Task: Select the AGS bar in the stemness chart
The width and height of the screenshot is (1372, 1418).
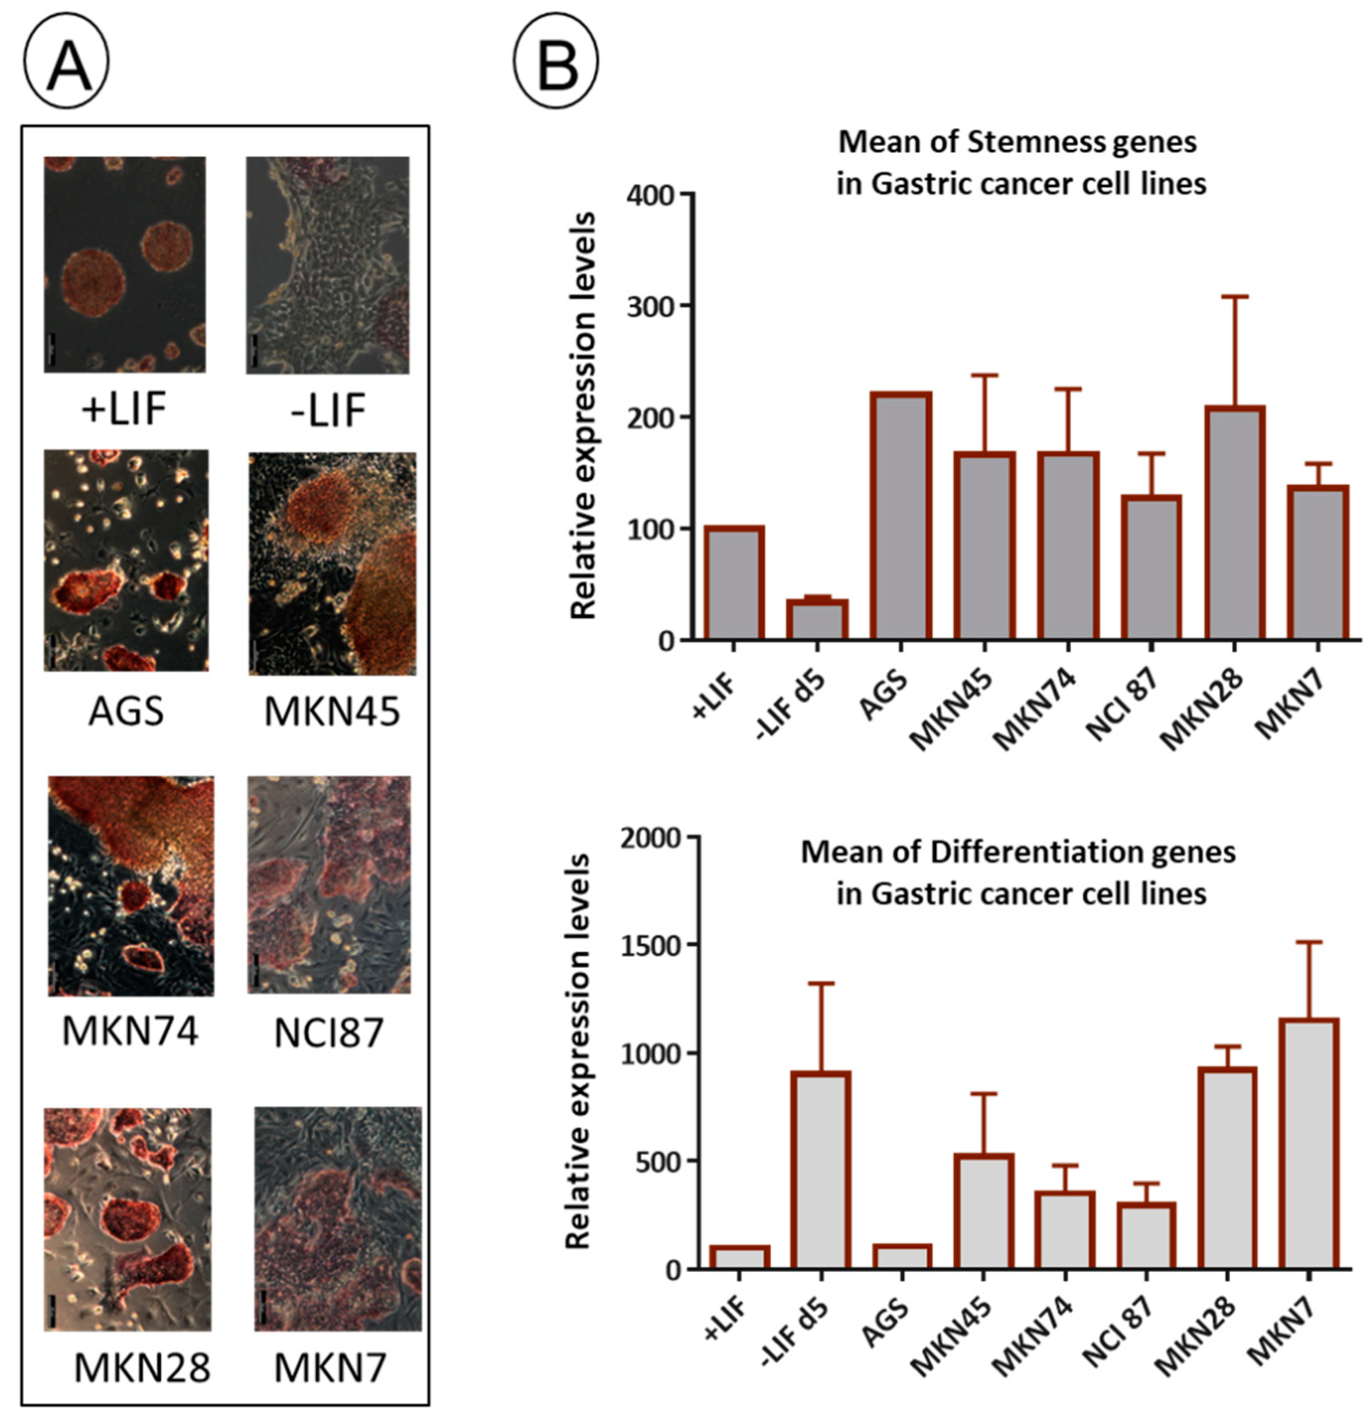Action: point(901,516)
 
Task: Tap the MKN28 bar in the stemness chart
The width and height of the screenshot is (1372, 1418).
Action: point(1235,524)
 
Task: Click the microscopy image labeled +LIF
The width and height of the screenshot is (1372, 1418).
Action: point(125,265)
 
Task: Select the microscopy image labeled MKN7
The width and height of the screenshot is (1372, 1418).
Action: point(338,1218)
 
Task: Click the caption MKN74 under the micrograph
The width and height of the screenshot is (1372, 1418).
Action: point(130,1031)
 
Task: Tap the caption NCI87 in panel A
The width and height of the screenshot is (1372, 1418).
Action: point(329,1033)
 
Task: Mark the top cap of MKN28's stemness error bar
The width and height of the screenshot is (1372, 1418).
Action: point(1235,297)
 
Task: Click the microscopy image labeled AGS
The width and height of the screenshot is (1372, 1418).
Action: point(126,560)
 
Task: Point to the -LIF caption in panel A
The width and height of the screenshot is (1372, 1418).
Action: point(328,410)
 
